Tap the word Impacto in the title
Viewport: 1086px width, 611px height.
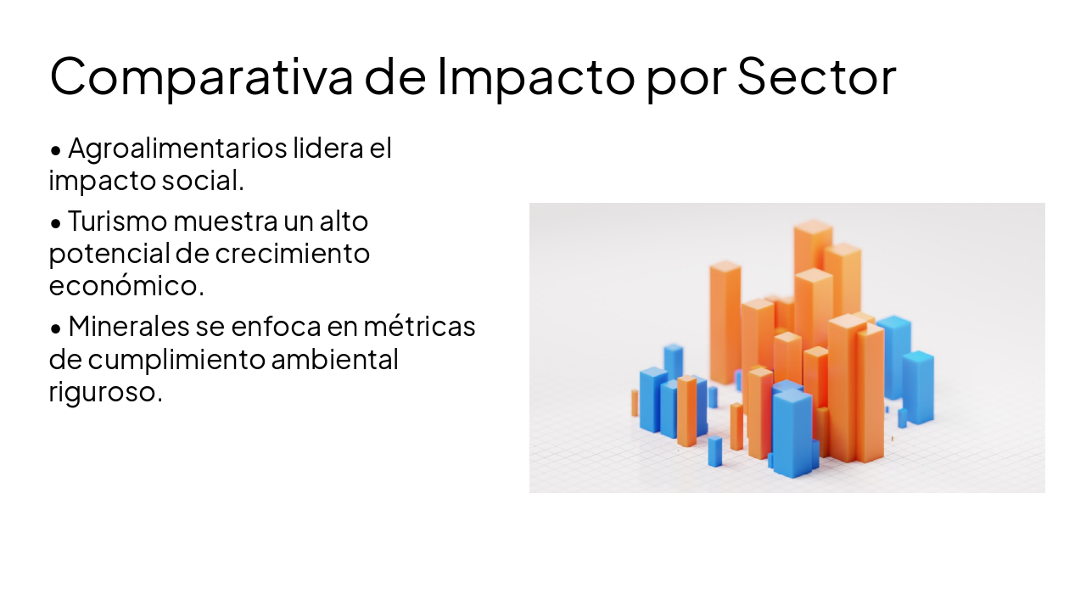(535, 76)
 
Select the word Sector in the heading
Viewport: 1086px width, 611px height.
(816, 76)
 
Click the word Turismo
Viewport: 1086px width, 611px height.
(117, 221)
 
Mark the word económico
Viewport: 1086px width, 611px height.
(126, 285)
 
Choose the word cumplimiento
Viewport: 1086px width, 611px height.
(176, 359)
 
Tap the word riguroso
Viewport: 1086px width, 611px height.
(105, 391)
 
